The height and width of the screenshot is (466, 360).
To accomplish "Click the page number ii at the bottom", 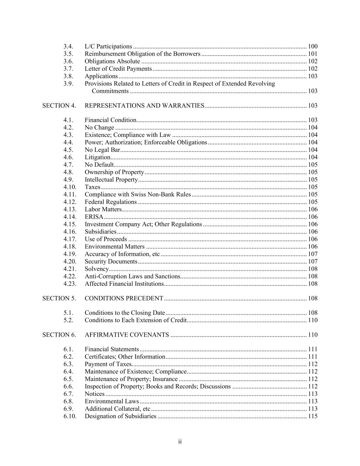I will click(180, 442).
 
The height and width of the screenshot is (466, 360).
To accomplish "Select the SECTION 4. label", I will click(59, 105).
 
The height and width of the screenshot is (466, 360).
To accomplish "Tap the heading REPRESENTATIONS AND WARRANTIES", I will click(144, 105).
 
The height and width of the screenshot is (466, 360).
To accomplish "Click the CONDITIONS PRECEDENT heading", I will click(124, 298).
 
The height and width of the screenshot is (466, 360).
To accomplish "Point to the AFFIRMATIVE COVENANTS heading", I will click(127, 335).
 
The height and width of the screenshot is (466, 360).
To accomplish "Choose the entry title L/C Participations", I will click(108, 46).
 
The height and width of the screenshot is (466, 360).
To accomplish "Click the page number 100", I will click(313, 46).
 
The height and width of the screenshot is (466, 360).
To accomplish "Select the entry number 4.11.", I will click(70, 195).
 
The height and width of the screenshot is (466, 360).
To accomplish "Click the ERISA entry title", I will click(94, 217).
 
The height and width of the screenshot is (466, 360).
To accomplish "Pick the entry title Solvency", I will click(97, 269).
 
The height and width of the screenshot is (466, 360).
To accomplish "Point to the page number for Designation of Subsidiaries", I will click(313, 416).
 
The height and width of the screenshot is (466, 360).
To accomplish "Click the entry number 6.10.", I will click(70, 416).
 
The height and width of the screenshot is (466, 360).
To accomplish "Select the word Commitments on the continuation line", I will click(110, 91).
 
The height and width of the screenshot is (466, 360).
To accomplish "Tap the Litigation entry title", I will click(98, 157).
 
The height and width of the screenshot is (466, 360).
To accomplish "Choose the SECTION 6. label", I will click(59, 335).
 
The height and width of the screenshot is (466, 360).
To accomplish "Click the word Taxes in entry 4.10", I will click(92, 187).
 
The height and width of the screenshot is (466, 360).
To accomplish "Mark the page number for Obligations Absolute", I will click(313, 61).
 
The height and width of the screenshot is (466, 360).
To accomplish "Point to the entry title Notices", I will click(95, 394).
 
